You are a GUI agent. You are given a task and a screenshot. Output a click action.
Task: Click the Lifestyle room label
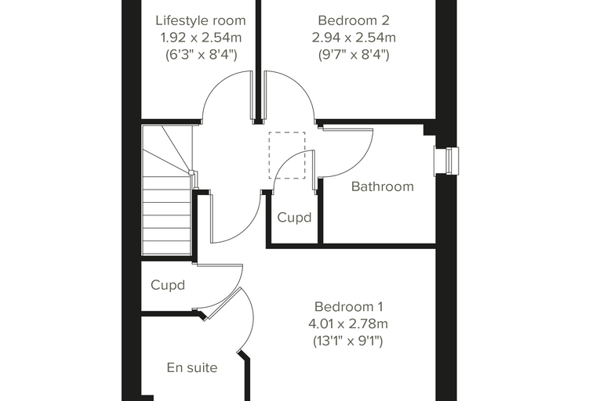(x=200, y=20)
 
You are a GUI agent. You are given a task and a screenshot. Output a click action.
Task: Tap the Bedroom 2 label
(x=354, y=20)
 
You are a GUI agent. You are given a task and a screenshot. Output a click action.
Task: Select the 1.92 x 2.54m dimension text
(x=201, y=38)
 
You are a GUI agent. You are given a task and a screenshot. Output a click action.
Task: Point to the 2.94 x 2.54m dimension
(x=354, y=38)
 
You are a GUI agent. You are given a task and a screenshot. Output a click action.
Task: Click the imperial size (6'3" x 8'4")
(x=201, y=55)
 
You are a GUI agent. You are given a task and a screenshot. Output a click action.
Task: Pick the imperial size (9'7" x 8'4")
(x=354, y=55)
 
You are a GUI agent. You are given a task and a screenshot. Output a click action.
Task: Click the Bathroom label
(x=383, y=186)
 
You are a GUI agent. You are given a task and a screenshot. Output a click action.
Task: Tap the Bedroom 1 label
(x=348, y=306)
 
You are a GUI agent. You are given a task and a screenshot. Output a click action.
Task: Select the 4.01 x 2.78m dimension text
(x=348, y=324)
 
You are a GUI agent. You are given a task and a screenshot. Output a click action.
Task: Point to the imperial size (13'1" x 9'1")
(x=348, y=341)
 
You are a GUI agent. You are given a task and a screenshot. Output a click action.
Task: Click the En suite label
(x=192, y=367)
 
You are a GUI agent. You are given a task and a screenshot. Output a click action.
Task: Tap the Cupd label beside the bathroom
(x=294, y=218)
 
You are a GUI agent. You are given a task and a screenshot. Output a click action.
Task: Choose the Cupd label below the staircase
(x=168, y=285)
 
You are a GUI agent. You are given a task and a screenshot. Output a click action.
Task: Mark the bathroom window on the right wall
(x=447, y=161)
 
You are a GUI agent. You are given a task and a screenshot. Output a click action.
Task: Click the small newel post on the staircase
(x=191, y=172)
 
